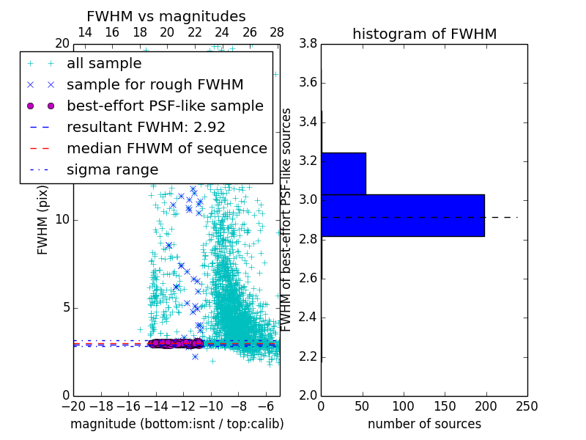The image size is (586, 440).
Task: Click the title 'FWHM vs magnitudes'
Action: click(x=166, y=16)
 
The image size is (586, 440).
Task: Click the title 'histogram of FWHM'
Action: click(x=424, y=34)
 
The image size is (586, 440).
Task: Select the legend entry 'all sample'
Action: click(x=104, y=64)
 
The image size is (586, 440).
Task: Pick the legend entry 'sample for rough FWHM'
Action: click(x=155, y=85)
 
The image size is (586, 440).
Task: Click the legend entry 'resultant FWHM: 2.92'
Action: click(x=146, y=128)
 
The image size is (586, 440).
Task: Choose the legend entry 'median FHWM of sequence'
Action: click(x=166, y=149)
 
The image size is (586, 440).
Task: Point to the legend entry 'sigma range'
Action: click(x=112, y=170)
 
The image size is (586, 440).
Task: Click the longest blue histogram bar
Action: click(x=403, y=215)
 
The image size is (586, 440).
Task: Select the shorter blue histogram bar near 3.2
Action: click(x=344, y=173)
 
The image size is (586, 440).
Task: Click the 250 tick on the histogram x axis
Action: click(x=527, y=406)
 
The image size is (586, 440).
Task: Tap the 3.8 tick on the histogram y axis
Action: click(x=308, y=43)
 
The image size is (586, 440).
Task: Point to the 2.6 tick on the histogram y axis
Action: click(x=308, y=278)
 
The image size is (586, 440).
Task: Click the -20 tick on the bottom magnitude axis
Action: click(x=73, y=406)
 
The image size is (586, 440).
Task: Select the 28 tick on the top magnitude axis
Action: click(x=277, y=32)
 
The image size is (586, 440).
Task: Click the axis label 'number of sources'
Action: click(x=424, y=424)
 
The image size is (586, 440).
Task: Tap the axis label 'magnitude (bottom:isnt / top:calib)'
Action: click(x=177, y=424)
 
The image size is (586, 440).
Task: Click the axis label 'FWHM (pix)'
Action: click(x=42, y=219)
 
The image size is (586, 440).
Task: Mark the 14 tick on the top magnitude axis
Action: click(x=84, y=32)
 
